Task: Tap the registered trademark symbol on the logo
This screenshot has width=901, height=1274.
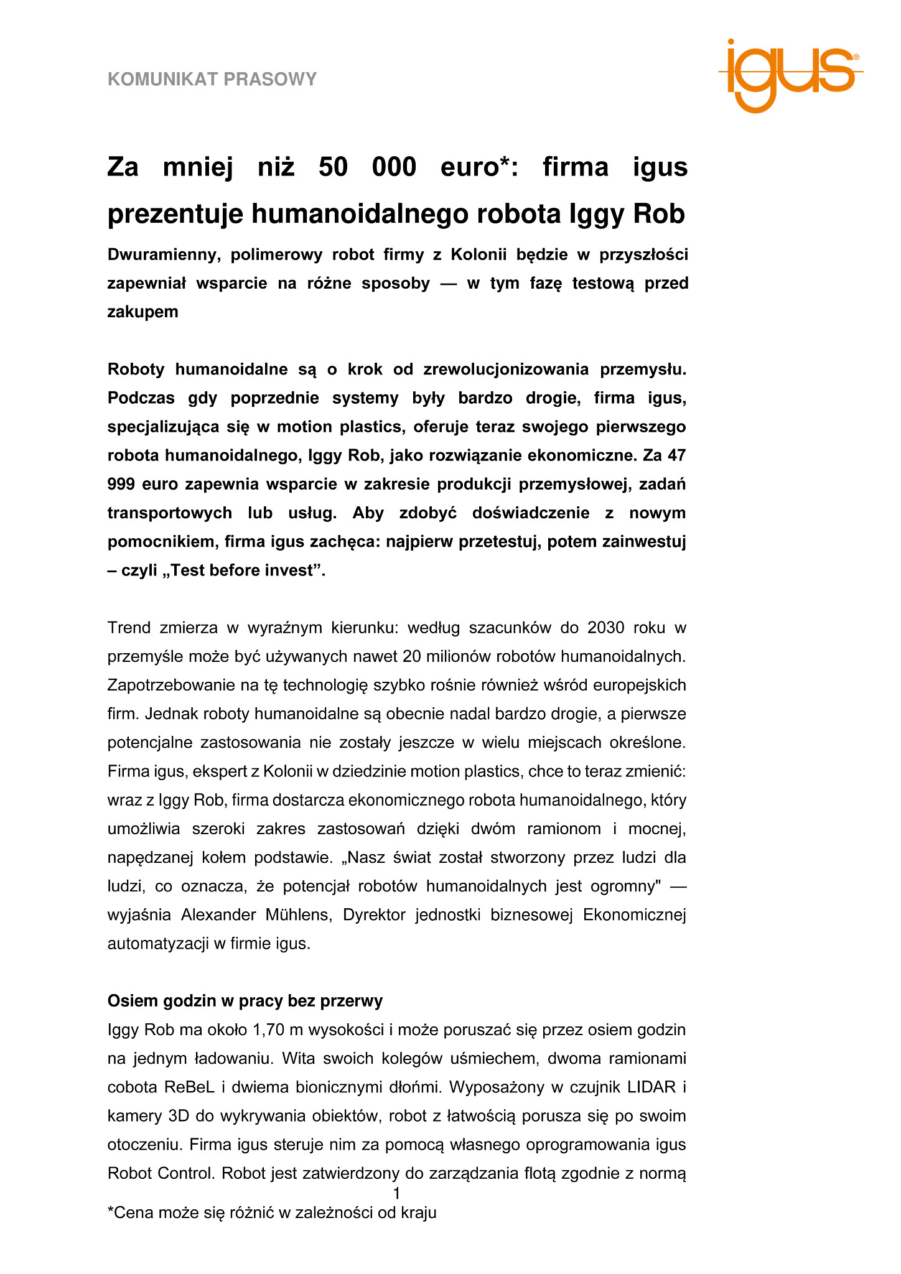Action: tap(856, 57)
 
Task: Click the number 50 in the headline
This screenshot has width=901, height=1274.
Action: tap(333, 167)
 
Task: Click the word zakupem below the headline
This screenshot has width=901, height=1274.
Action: tap(142, 312)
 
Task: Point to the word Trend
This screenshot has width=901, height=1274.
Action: tap(129, 627)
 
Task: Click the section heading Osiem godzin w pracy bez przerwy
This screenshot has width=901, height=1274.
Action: tap(245, 1000)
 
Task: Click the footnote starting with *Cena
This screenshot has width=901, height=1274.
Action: tap(272, 1212)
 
